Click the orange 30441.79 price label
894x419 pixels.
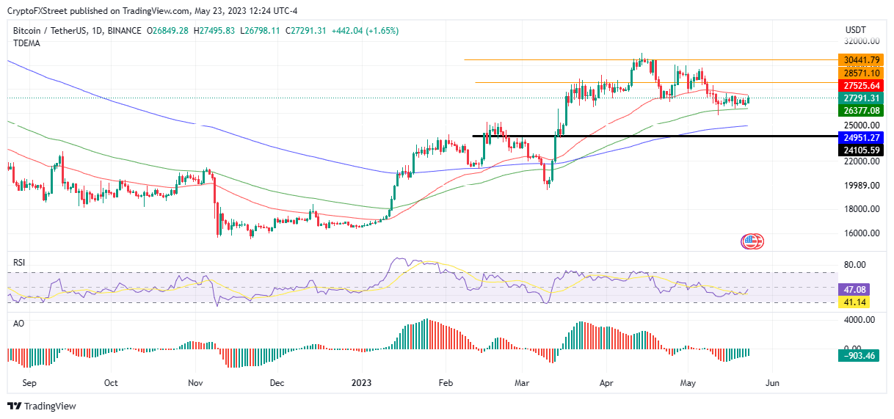pyautogui.click(x=861, y=60)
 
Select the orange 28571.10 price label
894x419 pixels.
pyautogui.click(x=861, y=73)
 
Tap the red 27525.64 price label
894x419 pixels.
pyautogui.click(x=861, y=86)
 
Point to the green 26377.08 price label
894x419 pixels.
pyautogui.click(x=861, y=111)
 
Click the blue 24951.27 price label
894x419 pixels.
pyautogui.click(x=861, y=137)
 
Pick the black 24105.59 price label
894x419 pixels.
pyautogui.click(x=861, y=150)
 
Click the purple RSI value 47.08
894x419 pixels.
pyautogui.click(x=856, y=290)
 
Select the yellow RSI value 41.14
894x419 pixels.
pyautogui.click(x=856, y=302)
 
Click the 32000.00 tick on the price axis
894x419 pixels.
pyautogui.click(x=860, y=42)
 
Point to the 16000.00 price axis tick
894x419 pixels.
pyautogui.click(x=860, y=233)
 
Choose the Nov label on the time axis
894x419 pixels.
pyautogui.click(x=195, y=383)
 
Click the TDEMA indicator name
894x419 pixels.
pyautogui.click(x=26, y=43)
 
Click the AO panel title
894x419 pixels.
pyautogui.click(x=18, y=322)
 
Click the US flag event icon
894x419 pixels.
pyautogui.click(x=752, y=241)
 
